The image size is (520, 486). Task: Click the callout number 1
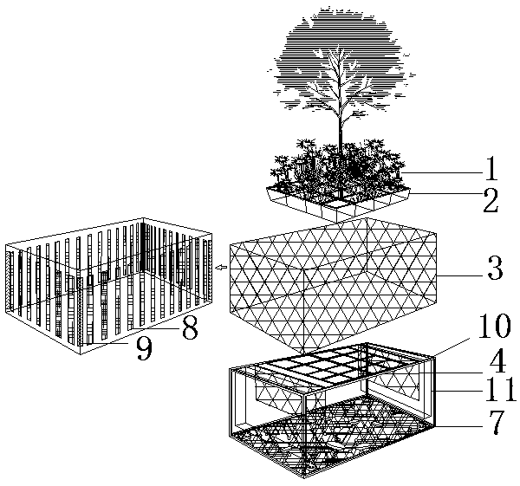(491, 168)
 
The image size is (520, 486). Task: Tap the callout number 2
(491, 200)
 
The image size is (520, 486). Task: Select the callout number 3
(495, 268)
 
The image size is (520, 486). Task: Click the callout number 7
(496, 423)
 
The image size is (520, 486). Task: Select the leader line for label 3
(461, 275)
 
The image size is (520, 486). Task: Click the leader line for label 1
(442, 172)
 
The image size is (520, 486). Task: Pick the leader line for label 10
(451, 347)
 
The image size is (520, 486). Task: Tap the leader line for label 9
(107, 343)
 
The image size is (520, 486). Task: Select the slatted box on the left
(109, 286)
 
